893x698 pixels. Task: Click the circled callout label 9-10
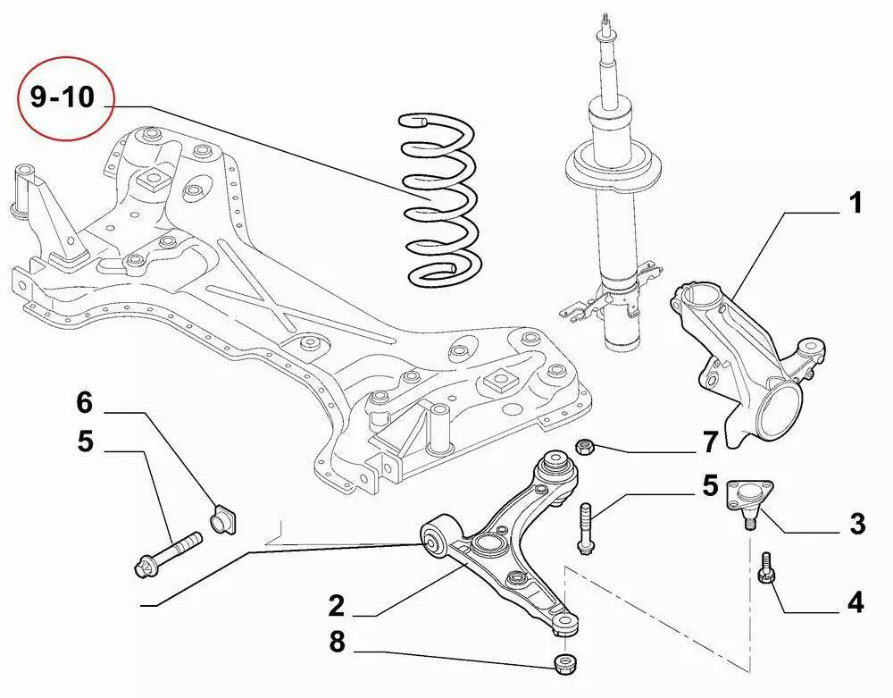click(x=63, y=97)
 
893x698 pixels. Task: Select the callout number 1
click(x=855, y=204)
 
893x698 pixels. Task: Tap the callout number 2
click(x=336, y=607)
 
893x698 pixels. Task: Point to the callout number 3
click(x=856, y=524)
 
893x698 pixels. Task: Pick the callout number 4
click(x=855, y=602)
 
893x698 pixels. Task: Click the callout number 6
click(x=84, y=403)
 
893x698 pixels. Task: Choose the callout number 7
click(x=710, y=441)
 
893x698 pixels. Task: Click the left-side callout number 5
click(x=84, y=442)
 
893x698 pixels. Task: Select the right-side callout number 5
click(x=710, y=486)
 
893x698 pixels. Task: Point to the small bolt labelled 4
click(x=765, y=568)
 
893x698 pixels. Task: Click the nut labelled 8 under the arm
click(x=563, y=664)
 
